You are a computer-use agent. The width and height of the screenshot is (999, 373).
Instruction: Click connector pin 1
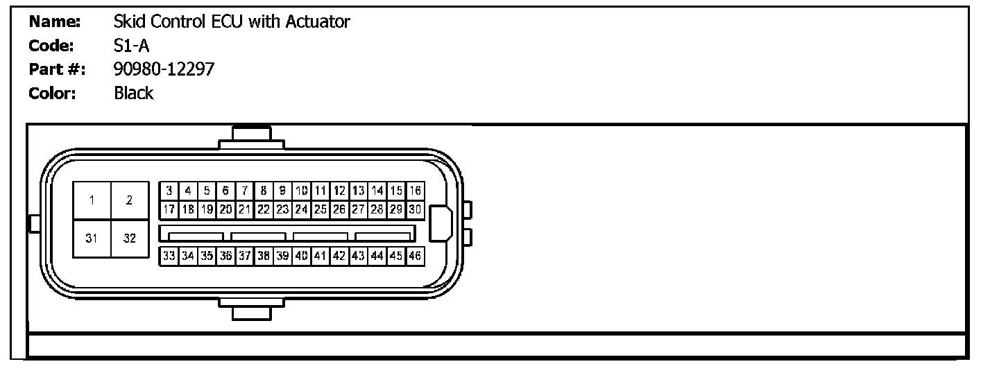(x=92, y=201)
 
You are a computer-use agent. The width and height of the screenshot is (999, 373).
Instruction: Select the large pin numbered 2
(x=130, y=201)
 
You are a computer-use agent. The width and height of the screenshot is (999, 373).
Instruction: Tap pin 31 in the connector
(x=92, y=239)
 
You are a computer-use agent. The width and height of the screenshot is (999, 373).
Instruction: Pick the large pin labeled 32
(x=130, y=239)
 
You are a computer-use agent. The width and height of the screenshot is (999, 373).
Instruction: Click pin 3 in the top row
(x=169, y=191)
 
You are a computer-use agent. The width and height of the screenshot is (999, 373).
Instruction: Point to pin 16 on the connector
(x=415, y=191)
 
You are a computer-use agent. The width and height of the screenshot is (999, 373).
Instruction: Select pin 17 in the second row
(x=169, y=208)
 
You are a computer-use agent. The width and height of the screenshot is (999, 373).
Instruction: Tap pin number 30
(x=415, y=208)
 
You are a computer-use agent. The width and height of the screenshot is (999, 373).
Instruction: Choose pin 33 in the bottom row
(x=169, y=256)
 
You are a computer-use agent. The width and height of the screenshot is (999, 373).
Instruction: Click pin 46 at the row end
(x=415, y=256)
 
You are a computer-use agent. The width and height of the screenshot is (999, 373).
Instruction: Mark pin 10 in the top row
(x=302, y=191)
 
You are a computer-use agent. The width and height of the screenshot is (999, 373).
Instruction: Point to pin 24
(x=302, y=208)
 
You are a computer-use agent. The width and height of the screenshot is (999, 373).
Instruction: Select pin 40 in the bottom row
(x=302, y=256)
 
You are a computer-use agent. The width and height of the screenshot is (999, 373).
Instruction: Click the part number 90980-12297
(x=164, y=69)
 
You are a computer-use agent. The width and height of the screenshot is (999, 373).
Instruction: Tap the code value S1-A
(x=131, y=46)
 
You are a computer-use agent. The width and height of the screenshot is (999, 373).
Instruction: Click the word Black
(x=133, y=93)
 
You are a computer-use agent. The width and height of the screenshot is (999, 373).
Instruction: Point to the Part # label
(x=56, y=69)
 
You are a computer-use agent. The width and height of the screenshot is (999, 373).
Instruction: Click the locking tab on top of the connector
(x=251, y=137)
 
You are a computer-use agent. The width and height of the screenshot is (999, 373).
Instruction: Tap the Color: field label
(x=52, y=93)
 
